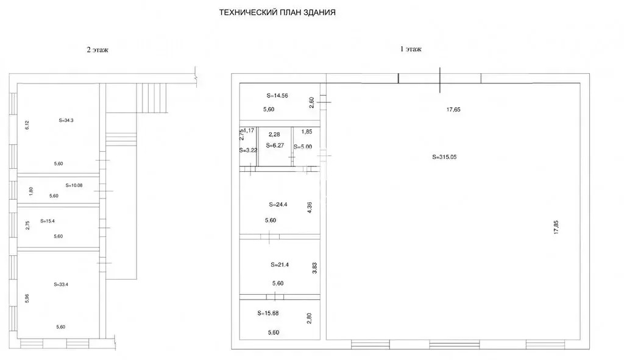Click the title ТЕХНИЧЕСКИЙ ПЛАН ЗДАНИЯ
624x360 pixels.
[277, 13]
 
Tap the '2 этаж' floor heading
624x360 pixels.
[97, 50]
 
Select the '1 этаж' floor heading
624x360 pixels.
[411, 49]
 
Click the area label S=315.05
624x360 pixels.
[444, 157]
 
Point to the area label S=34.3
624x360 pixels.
[66, 120]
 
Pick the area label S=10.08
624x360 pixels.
[74, 185]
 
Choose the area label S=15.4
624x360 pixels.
[48, 221]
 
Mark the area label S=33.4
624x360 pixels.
[61, 284]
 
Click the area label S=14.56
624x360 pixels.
[277, 96]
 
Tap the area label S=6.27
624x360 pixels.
[275, 146]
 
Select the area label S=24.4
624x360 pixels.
[278, 205]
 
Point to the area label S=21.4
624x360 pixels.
[280, 264]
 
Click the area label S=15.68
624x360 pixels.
[268, 313]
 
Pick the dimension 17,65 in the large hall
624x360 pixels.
[453, 110]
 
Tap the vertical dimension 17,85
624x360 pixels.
[556, 227]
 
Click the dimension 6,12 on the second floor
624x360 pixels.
[27, 125]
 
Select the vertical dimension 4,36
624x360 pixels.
[310, 207]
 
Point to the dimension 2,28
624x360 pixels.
[274, 135]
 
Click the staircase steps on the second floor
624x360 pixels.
[151, 98]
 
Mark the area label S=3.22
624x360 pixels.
[248, 150]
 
